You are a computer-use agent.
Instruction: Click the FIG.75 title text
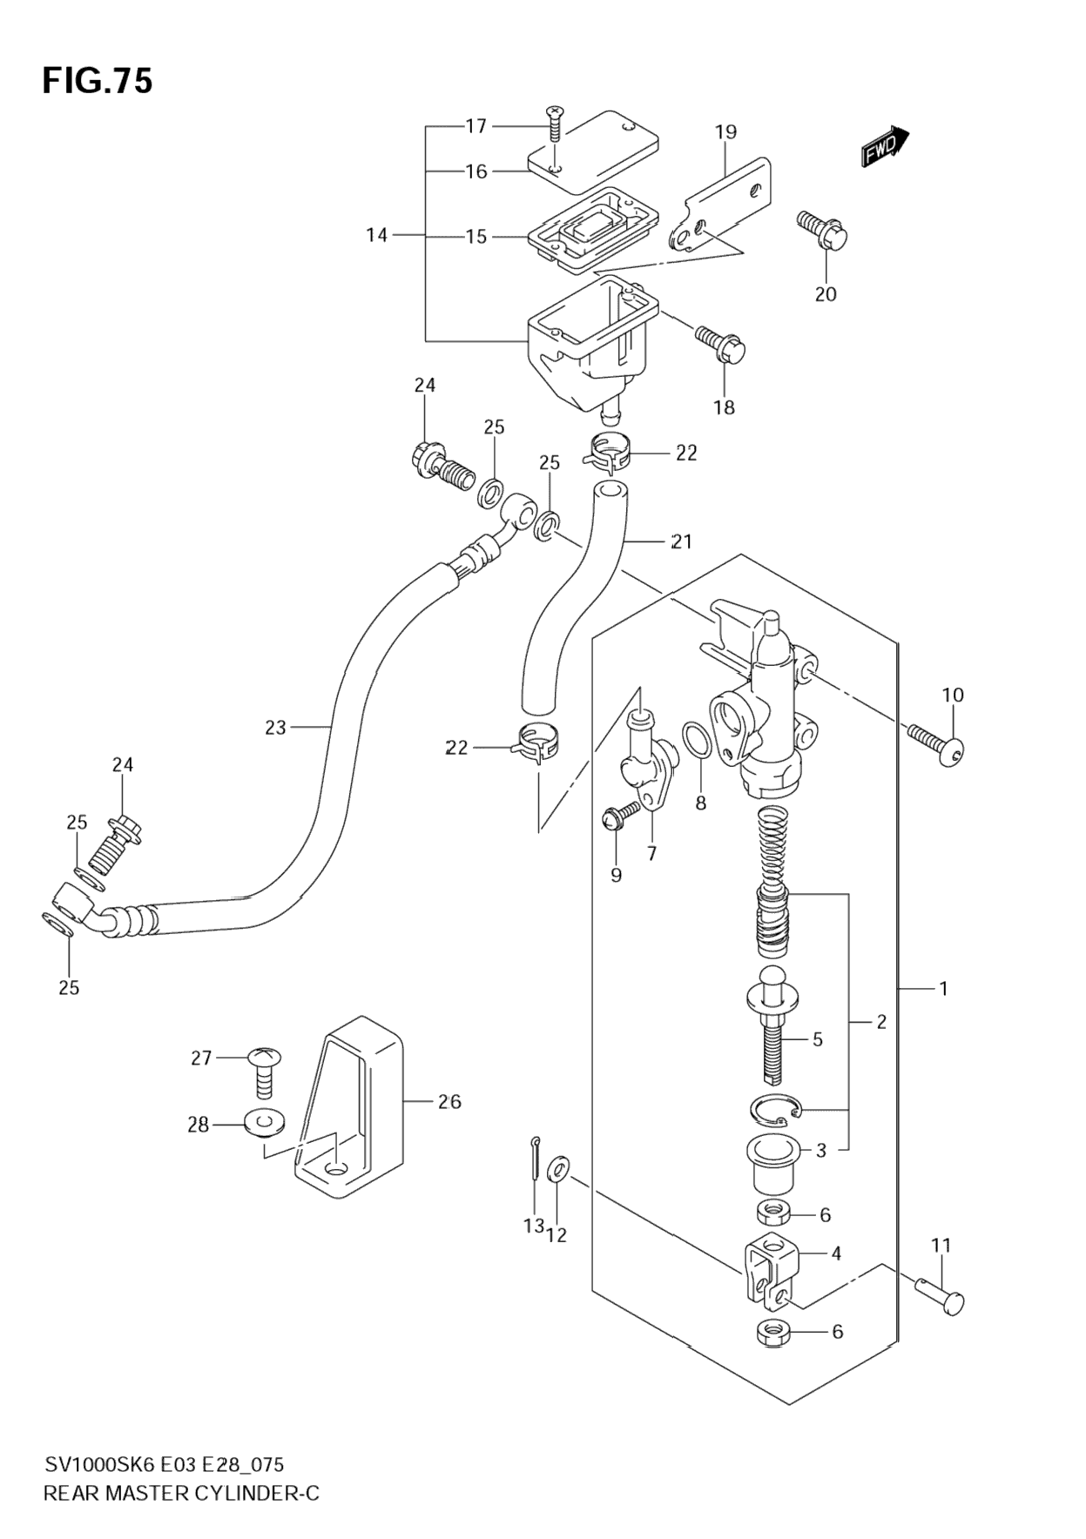tap(98, 81)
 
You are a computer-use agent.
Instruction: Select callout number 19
tap(725, 132)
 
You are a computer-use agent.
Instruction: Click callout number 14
tap(376, 235)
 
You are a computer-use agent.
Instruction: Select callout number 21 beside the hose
tap(681, 541)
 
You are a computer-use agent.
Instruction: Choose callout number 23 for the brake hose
tap(275, 727)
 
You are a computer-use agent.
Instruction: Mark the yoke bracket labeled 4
tap(770, 1273)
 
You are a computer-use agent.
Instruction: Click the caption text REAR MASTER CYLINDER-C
tap(181, 1494)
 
